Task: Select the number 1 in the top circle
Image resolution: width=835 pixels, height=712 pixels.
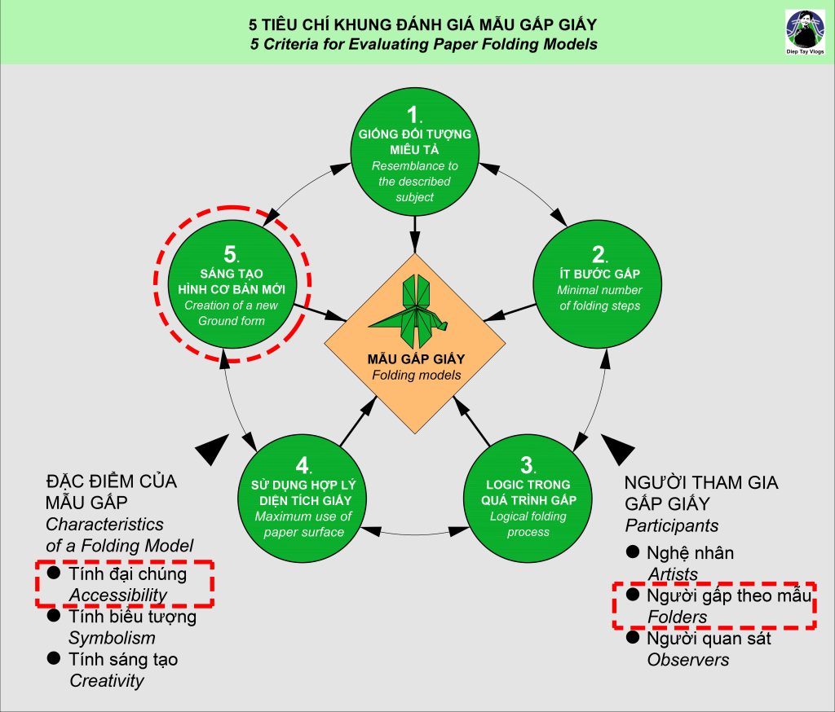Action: pyautogui.click(x=413, y=115)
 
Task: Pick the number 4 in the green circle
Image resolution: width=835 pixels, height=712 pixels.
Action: pyautogui.click(x=302, y=466)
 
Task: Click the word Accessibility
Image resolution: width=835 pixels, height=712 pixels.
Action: pyautogui.click(x=117, y=595)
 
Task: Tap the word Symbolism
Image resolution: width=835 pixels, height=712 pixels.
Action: pyautogui.click(x=112, y=638)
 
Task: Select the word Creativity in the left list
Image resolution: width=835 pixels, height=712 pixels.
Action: pyautogui.click(x=106, y=680)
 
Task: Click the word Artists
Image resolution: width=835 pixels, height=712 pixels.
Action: pyautogui.click(x=673, y=574)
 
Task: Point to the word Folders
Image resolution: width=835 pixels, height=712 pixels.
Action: pyautogui.click(x=677, y=618)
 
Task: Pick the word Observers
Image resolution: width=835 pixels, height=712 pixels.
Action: pyautogui.click(x=687, y=660)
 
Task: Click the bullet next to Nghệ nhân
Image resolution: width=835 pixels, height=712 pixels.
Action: pyautogui.click(x=632, y=552)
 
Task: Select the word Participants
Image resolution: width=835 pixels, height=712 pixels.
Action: pyautogui.click(x=671, y=525)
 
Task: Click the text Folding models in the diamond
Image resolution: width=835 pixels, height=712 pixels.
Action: pyautogui.click(x=416, y=376)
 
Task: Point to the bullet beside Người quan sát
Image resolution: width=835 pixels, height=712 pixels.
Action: pyautogui.click(x=632, y=638)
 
